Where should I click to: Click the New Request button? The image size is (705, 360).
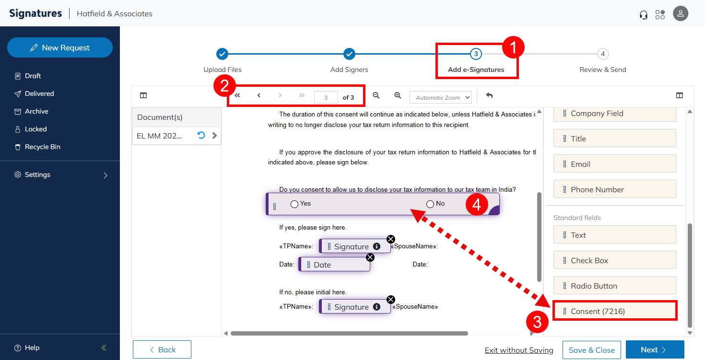(60, 47)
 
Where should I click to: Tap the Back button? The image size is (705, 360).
(162, 349)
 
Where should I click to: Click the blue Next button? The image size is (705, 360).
(655, 349)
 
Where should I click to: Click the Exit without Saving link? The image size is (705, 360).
(519, 350)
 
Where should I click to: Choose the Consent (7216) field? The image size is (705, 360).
(615, 311)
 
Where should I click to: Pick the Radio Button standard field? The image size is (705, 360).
(615, 285)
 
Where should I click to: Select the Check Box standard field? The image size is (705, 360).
(615, 260)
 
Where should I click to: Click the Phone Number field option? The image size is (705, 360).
(615, 189)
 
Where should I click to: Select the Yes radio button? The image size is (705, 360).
(294, 204)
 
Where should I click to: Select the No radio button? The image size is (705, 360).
(430, 204)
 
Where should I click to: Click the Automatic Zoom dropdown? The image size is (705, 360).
(440, 98)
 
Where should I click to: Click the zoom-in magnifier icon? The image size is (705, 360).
(398, 95)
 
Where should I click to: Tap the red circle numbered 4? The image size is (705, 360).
(477, 205)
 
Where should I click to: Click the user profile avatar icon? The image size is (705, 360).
(681, 13)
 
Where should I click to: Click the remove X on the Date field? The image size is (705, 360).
(370, 257)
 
